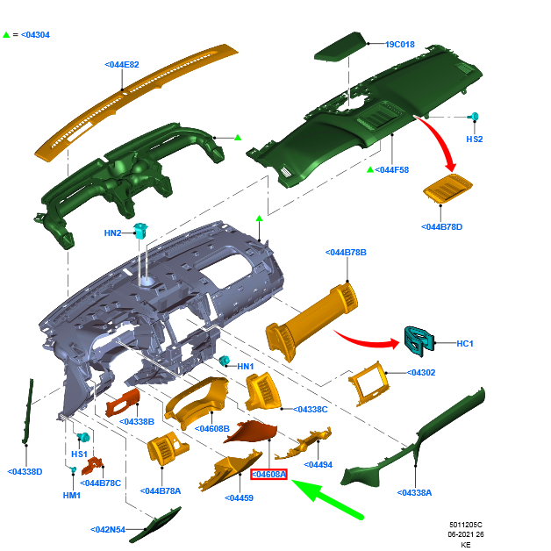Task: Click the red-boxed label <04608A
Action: pos(268,475)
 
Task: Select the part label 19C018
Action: pos(400,45)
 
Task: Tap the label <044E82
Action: pos(122,65)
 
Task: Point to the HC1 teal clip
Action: pos(419,341)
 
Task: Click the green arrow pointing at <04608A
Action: pos(326,498)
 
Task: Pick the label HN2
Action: pos(113,233)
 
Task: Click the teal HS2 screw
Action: pos(473,117)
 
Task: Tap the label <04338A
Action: pos(414,493)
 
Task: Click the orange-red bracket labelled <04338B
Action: pos(123,403)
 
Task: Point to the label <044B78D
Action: pos(441,227)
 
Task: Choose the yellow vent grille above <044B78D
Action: pos(447,189)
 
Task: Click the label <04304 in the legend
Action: pos(35,35)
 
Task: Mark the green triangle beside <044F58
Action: pos(370,169)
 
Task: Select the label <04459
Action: pos(239,498)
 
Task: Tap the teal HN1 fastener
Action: pos(224,361)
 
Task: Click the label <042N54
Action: pos(108,530)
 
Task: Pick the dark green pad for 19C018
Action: pos(338,47)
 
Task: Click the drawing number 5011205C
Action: pos(466,525)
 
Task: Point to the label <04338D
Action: pos(25,471)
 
